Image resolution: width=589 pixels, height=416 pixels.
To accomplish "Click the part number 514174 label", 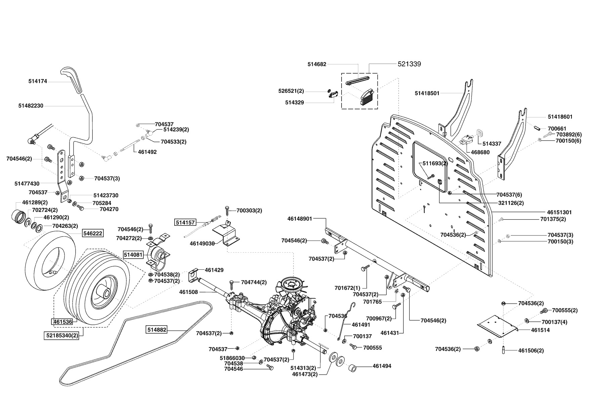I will tap(37, 81).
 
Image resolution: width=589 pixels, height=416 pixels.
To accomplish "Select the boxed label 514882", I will tap(156, 330).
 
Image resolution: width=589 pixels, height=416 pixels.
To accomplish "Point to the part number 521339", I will tap(409, 64).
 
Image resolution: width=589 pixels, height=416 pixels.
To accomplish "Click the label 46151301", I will tap(559, 212).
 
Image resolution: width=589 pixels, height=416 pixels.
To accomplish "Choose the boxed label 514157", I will tap(185, 222).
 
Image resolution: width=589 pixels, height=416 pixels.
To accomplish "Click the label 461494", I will tap(382, 366).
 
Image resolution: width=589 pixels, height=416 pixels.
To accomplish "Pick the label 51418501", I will tap(427, 93).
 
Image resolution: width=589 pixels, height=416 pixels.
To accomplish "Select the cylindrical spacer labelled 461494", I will tap(353, 367).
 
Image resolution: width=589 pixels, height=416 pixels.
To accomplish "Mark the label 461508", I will tap(188, 292).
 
